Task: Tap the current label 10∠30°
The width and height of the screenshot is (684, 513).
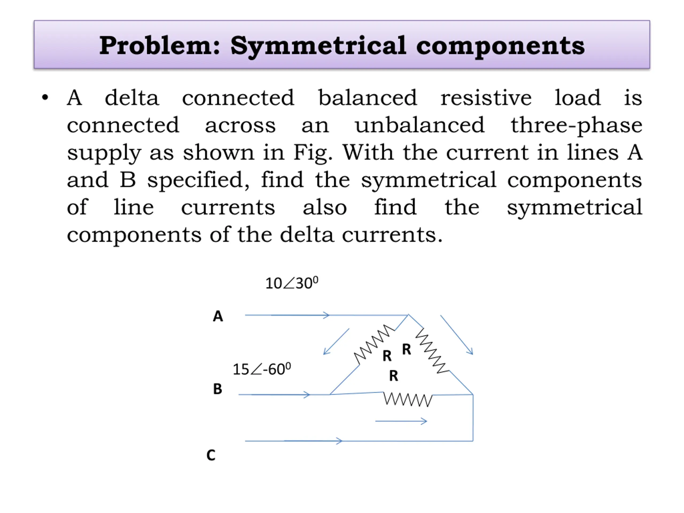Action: click(x=292, y=283)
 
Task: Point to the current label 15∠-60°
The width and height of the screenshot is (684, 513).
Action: click(x=262, y=369)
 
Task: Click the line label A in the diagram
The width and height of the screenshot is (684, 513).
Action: click(x=218, y=316)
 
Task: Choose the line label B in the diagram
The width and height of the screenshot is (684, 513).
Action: click(x=217, y=389)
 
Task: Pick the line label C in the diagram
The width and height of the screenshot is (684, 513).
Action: click(x=211, y=455)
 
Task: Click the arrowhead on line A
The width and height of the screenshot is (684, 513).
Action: click(x=327, y=315)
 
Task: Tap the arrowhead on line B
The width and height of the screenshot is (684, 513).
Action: click(x=306, y=395)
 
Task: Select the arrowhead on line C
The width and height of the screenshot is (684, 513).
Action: click(x=339, y=441)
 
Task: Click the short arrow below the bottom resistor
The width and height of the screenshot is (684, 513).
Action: click(x=401, y=421)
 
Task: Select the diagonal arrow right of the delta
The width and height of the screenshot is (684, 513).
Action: click(x=456, y=335)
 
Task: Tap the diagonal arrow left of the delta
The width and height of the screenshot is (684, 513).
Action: click(x=336, y=341)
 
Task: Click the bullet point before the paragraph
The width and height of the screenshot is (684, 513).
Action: click(x=45, y=98)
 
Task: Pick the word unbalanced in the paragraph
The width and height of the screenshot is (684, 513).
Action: click(x=419, y=125)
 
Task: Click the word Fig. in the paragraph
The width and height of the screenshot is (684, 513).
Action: click(x=313, y=153)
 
